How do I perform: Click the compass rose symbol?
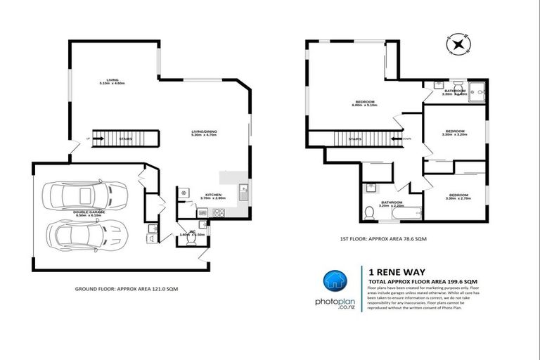click(x=458, y=45)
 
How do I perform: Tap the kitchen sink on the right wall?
click(x=243, y=189)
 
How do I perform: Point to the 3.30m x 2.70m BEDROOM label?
click(x=458, y=196)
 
